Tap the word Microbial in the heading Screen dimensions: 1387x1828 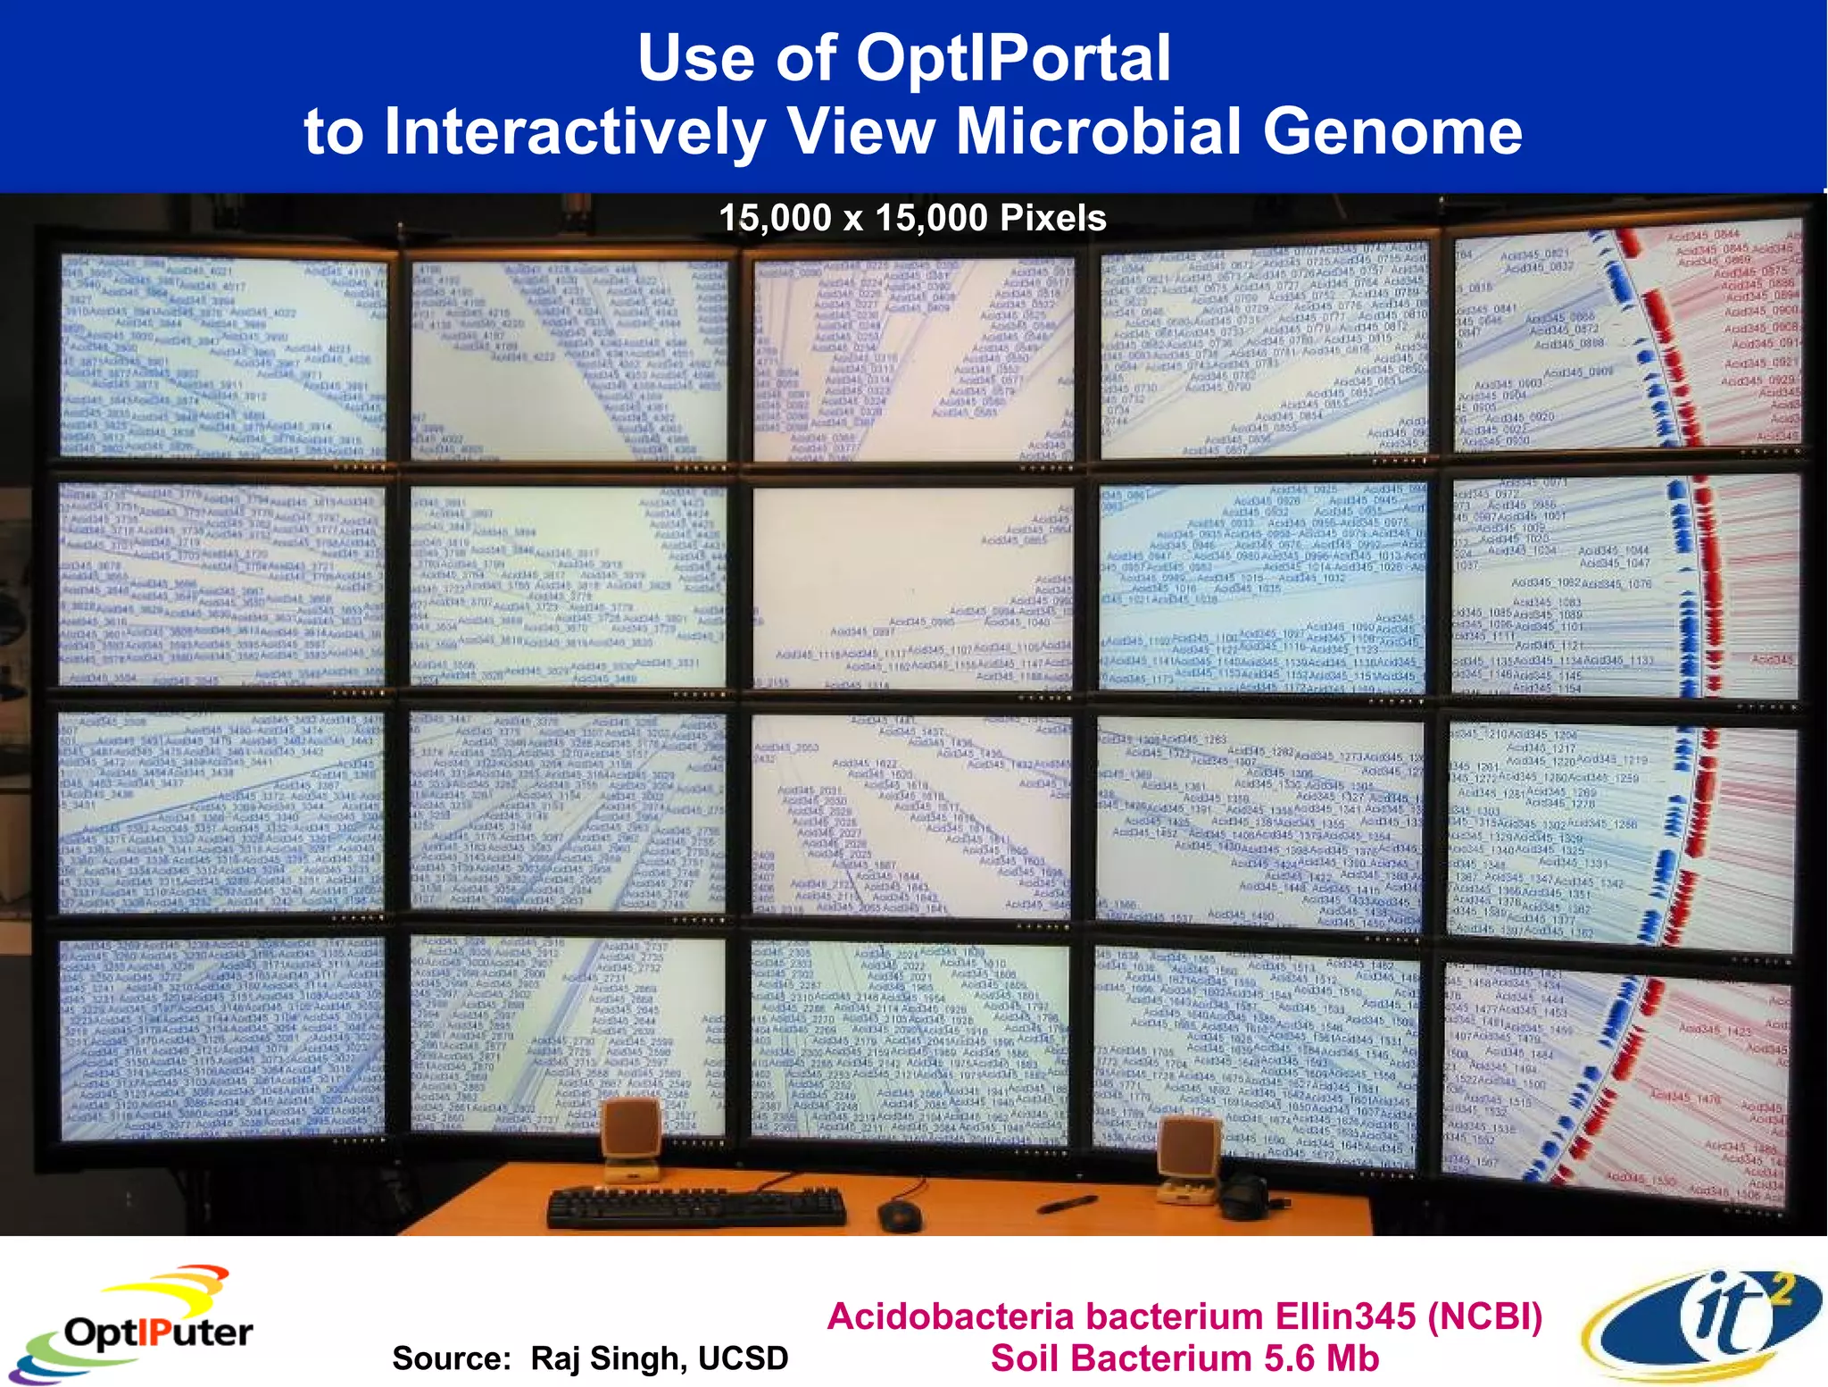[x=1099, y=131]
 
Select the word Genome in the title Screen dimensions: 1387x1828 [x=1392, y=131]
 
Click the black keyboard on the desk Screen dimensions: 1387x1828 [x=696, y=1207]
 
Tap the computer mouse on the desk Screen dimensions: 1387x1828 [x=898, y=1214]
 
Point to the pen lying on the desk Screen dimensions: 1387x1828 [x=1067, y=1204]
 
